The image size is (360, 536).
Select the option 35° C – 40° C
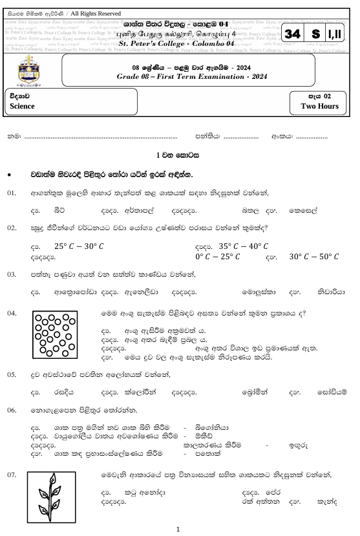pyautogui.click(x=244, y=246)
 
